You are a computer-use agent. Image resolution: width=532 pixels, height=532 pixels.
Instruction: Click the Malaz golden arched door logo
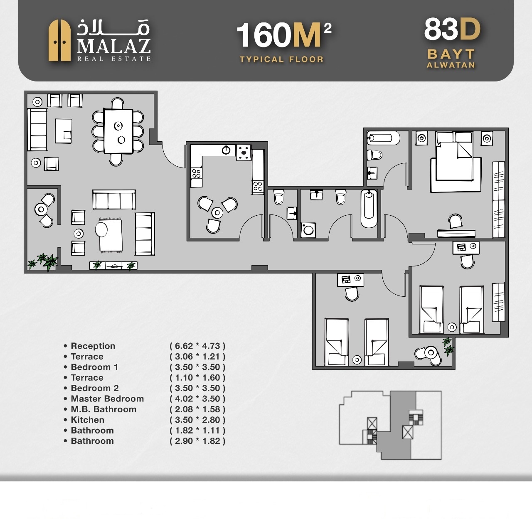59,40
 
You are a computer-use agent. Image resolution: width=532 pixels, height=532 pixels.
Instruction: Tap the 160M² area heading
284,35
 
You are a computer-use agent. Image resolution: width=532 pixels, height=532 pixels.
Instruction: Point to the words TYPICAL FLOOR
281,59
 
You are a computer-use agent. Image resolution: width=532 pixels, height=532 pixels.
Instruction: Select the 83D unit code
452,29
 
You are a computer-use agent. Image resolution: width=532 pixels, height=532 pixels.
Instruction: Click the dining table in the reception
118,131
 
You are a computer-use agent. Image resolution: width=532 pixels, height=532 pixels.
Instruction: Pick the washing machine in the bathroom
308,230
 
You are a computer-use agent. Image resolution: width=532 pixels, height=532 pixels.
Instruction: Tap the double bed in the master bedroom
454,156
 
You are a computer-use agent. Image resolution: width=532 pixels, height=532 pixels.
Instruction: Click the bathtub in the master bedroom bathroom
384,138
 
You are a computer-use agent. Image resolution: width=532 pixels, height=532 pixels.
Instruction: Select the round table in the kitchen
217,212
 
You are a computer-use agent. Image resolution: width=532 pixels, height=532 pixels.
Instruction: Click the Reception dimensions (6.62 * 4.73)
197,346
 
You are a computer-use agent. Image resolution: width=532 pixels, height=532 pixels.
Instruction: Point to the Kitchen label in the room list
88,420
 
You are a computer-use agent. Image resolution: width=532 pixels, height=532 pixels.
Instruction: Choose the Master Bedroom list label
107,399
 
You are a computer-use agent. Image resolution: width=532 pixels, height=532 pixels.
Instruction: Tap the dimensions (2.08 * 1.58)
197,409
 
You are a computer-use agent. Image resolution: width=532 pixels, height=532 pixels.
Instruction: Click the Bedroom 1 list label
95,367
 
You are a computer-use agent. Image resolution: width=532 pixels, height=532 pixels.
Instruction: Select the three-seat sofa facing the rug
114,199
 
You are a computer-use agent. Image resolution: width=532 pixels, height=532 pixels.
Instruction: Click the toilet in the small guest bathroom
278,197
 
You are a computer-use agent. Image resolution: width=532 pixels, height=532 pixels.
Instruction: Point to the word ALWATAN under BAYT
451,65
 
